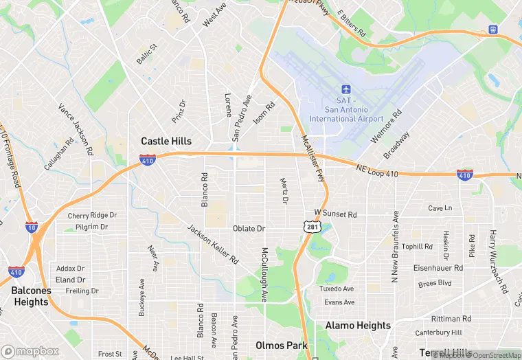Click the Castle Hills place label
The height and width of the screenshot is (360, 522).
click(166, 141)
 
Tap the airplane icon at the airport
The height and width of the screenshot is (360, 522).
click(346, 90)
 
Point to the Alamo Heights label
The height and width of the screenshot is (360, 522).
click(358, 325)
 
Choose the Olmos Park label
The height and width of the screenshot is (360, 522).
click(279, 345)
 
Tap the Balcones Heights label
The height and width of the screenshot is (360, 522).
click(30, 296)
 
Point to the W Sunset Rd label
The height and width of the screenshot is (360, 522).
click(336, 214)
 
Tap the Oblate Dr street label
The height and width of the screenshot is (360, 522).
click(249, 228)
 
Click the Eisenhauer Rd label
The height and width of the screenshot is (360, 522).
click(442, 267)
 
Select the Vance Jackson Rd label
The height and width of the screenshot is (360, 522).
click(76, 129)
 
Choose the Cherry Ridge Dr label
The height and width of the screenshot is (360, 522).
click(92, 215)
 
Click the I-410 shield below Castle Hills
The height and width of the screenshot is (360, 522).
click(147, 161)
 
